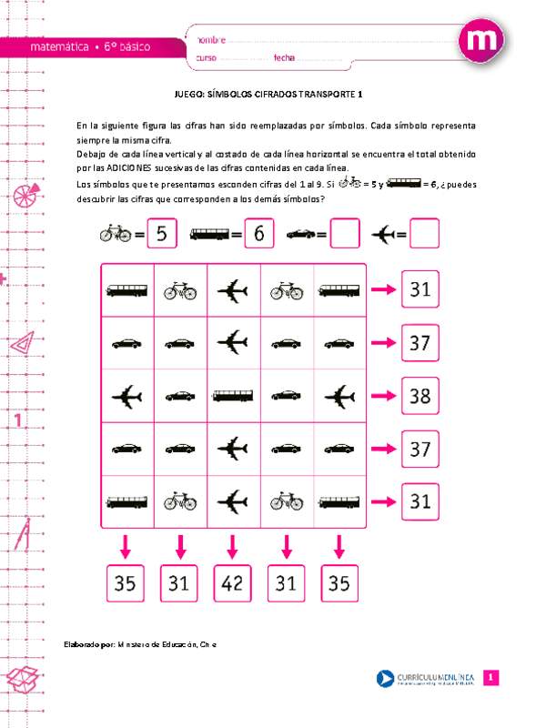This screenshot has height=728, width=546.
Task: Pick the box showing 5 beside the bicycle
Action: [x=161, y=234]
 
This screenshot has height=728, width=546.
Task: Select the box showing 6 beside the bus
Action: [x=258, y=234]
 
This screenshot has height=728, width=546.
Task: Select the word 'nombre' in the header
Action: [x=209, y=41]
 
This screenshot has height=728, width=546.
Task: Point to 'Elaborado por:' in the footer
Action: [x=88, y=644]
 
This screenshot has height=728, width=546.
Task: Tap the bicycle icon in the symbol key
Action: [x=116, y=234]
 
